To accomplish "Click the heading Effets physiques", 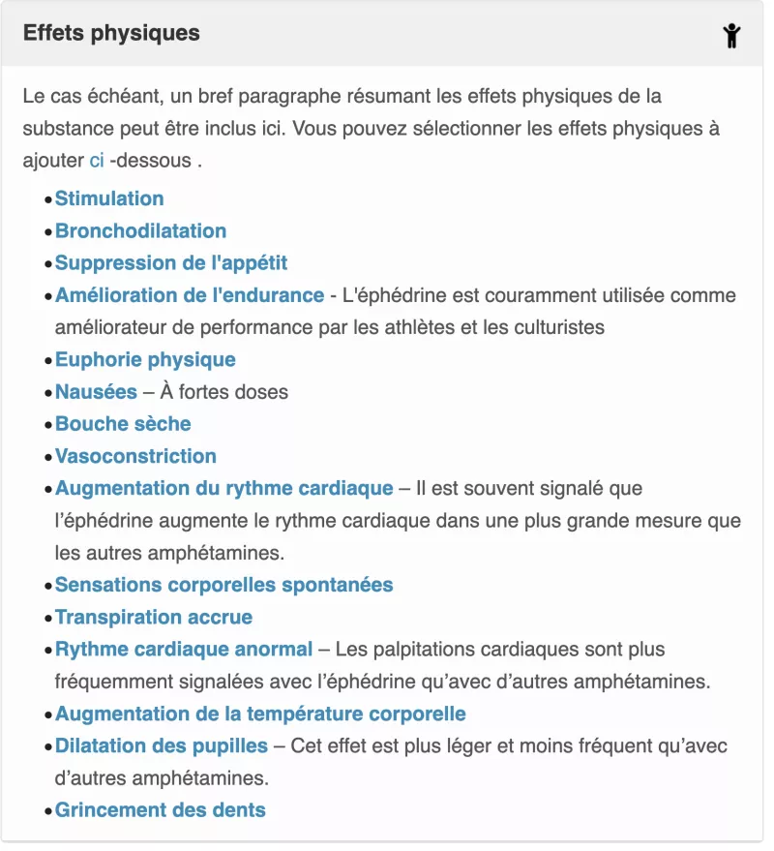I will point(111,33).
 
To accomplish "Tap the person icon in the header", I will point(731,36).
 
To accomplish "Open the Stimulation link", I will point(109,198).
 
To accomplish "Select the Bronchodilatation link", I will point(140,230).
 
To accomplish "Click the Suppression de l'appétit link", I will point(171,262).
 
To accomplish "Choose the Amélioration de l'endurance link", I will point(190,294).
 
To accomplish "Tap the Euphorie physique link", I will point(145,359).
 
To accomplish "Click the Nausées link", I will point(96,391).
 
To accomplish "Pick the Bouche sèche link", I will point(123,423).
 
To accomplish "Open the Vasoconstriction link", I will point(135,455).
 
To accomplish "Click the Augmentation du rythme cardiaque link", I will point(224,488).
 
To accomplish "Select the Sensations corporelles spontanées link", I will point(224,585).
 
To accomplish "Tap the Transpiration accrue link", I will point(154,617).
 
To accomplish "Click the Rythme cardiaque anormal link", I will point(184,649).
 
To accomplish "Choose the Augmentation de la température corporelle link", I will point(260,714).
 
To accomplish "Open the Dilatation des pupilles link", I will point(162,745).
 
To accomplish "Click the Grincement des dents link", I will point(161,809).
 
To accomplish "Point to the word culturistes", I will point(556,327).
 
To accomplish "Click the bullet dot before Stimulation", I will point(47,199).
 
